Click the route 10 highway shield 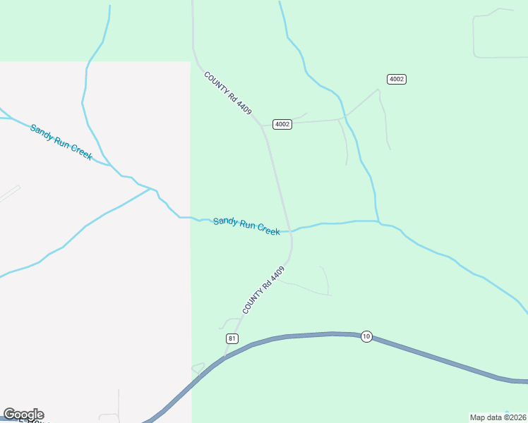point(366,336)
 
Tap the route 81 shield point(233,339)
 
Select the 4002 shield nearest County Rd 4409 point(282,124)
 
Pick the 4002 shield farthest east point(397,79)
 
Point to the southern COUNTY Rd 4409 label point(264,290)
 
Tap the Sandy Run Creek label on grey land point(61,142)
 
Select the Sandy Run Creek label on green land point(246,226)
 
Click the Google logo point(23,415)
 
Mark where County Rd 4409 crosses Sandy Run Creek point(290,230)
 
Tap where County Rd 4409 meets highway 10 point(225,357)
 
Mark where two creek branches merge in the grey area point(151,189)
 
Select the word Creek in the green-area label point(268,229)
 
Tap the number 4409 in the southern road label point(277,276)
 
